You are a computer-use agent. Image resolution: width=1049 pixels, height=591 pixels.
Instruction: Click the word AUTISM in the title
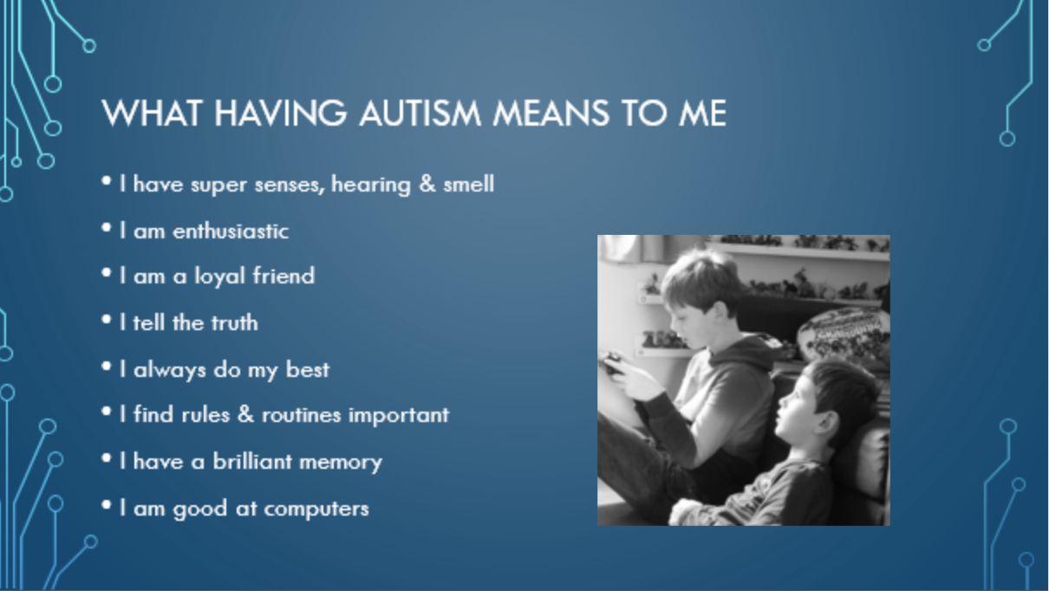click(420, 114)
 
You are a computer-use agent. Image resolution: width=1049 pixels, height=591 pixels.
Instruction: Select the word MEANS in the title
click(551, 114)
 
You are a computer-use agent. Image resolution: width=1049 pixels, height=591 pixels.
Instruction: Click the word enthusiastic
click(231, 231)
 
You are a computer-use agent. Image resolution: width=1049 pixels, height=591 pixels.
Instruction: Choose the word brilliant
click(253, 461)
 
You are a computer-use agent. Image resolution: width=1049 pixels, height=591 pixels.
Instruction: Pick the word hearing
click(371, 185)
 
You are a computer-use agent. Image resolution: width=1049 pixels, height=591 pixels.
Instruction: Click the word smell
click(469, 184)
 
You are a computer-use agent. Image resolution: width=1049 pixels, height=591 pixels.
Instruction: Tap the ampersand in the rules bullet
click(246, 414)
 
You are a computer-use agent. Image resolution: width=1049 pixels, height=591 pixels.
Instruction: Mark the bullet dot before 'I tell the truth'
click(107, 320)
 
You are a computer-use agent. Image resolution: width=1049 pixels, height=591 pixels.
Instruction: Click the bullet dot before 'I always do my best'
click(107, 366)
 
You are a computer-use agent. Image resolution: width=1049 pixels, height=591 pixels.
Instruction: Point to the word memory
click(341, 464)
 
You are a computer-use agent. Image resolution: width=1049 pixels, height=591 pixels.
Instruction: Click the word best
click(308, 369)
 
